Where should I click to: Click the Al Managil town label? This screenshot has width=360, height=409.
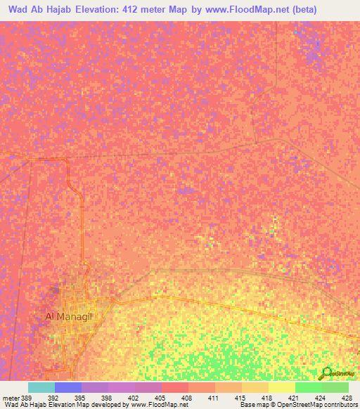(x=68, y=316)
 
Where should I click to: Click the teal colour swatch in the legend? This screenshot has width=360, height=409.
(x=41, y=387)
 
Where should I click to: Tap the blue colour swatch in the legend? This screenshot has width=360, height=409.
(x=67, y=387)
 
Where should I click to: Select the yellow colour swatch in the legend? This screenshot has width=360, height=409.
(x=281, y=387)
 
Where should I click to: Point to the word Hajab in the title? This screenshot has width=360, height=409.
(x=57, y=10)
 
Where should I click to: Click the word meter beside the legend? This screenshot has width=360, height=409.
(x=11, y=398)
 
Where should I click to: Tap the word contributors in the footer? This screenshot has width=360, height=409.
(x=340, y=405)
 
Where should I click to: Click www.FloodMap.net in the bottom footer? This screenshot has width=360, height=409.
(x=153, y=405)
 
